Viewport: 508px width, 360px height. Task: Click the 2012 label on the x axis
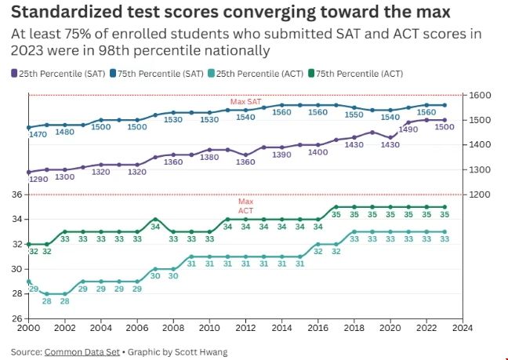245,329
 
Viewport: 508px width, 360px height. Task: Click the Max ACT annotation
245,206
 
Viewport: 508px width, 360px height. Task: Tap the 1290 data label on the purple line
38,180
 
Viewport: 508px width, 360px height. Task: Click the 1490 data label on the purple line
408,129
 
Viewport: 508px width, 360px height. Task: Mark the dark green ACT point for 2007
155,219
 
